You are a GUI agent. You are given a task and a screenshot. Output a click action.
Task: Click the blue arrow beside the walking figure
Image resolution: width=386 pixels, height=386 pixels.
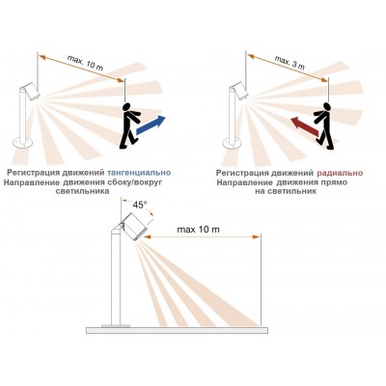click(151, 124)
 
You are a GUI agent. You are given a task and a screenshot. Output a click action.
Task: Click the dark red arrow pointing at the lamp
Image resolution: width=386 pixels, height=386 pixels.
click(305, 126)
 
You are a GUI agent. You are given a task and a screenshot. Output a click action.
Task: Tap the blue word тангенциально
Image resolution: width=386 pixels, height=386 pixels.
click(139, 173)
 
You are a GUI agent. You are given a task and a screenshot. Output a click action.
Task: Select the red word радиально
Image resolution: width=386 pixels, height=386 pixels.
click(340, 173)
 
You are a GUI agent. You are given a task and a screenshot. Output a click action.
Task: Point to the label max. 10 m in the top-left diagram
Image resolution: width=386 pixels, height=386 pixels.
click(85, 64)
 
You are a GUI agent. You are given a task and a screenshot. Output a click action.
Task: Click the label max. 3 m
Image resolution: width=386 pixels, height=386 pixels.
click(289, 63)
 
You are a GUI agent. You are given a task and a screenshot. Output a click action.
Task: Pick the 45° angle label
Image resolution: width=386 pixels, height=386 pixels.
click(140, 206)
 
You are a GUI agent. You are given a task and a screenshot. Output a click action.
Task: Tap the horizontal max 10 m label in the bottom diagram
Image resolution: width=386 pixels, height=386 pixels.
click(199, 230)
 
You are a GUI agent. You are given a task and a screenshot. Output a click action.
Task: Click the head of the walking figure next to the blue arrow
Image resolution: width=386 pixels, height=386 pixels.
click(127, 106)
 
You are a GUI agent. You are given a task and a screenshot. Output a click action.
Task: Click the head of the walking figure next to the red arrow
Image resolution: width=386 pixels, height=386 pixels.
click(327, 106)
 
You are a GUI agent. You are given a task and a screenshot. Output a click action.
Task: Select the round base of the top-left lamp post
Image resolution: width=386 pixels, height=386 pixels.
click(22, 141)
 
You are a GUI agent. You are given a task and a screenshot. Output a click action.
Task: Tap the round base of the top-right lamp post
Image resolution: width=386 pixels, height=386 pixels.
click(233, 141)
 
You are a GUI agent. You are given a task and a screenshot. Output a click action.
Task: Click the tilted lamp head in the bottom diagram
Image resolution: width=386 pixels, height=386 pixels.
click(135, 227)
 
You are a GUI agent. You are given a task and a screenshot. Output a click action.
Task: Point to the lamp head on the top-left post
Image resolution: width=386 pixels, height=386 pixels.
click(30, 91)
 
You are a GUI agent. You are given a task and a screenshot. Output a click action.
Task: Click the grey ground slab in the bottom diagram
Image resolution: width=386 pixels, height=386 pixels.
click(177, 330)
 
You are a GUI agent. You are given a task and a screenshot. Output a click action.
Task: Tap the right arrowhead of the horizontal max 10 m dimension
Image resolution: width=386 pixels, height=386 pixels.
click(257, 237)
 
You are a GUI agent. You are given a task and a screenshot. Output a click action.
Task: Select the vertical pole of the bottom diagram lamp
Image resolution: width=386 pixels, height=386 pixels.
click(116, 278)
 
